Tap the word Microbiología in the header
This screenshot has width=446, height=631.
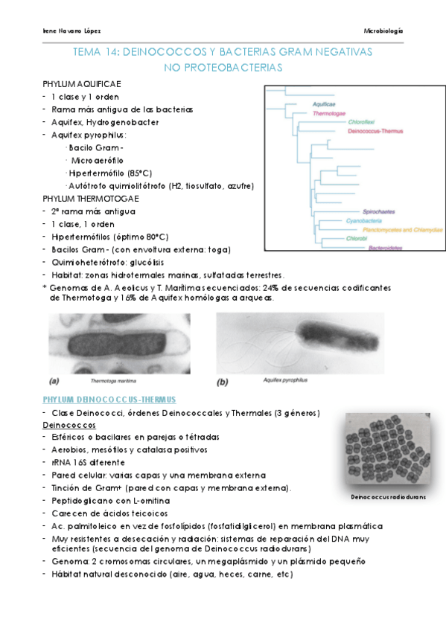coord(383,31)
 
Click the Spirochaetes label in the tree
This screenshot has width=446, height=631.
coord(377,211)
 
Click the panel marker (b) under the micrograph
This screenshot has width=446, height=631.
coord(222,382)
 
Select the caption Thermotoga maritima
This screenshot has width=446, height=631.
coord(109,379)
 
